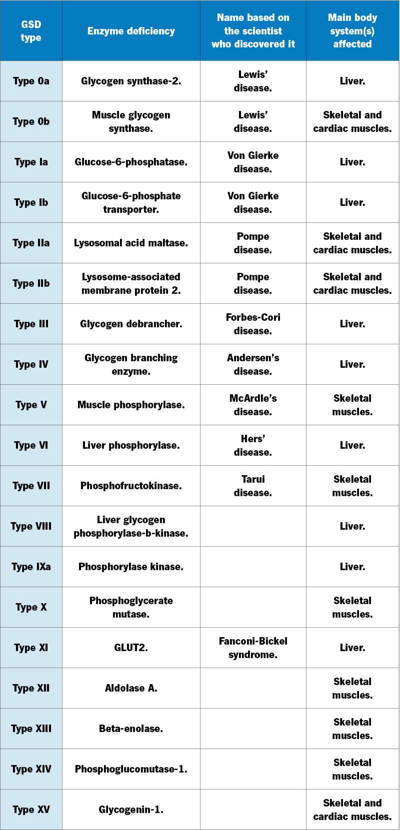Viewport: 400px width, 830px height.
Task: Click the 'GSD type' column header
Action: point(31,31)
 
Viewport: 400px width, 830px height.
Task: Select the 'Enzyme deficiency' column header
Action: point(131,31)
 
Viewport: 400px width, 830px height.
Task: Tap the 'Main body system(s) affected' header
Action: point(352,31)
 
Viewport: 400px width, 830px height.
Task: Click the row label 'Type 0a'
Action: point(31,81)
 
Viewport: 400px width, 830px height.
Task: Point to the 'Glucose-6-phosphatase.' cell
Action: point(131,162)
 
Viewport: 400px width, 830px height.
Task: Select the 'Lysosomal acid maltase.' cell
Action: point(131,243)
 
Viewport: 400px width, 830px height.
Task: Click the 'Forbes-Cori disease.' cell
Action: point(253,324)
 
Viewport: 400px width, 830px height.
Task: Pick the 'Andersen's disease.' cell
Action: point(253,364)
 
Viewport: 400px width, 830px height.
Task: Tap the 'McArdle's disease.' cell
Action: point(253,405)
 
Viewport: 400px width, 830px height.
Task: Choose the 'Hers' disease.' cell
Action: point(253,445)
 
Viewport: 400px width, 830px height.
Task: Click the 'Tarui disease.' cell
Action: point(253,486)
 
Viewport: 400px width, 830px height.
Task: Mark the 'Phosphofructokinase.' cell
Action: point(131,486)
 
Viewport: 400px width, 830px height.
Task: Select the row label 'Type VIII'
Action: point(31,526)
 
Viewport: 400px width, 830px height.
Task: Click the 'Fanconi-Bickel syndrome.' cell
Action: point(253,648)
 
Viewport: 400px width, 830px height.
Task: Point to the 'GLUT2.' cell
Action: point(131,648)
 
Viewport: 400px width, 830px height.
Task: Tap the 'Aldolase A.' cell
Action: point(131,688)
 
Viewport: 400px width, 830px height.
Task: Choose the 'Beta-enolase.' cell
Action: point(131,729)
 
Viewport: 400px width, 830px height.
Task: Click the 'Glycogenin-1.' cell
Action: point(131,810)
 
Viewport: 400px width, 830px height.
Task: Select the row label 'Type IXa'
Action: point(31,567)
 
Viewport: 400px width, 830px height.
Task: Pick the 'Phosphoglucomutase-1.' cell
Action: point(131,769)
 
